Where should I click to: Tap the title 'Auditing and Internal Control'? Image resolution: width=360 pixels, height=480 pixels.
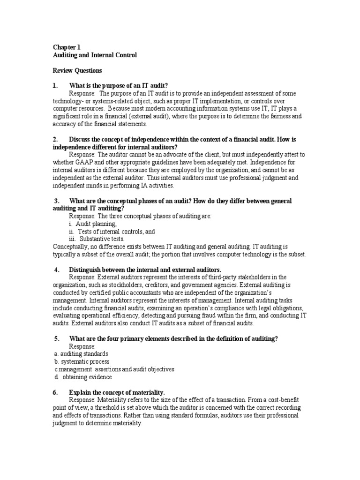(x=95, y=55)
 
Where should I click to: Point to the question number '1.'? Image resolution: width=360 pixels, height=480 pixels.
(x=56, y=86)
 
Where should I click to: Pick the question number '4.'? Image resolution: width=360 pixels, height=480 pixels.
(x=57, y=270)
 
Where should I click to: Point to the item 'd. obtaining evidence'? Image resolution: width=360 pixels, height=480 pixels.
(x=82, y=377)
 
